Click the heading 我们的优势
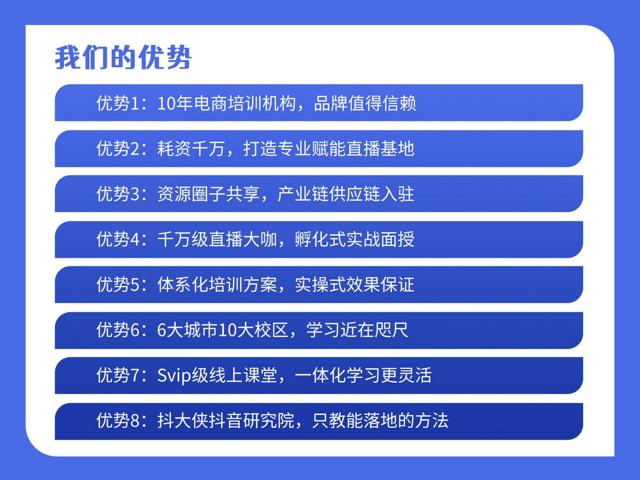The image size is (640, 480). point(123,57)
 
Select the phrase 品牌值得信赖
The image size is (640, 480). point(365,103)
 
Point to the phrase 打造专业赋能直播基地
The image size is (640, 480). point(329,148)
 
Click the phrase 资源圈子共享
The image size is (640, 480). point(208,194)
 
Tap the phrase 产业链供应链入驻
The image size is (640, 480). point(346,194)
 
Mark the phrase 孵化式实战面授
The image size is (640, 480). point(355,239)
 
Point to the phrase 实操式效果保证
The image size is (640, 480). point(355,284)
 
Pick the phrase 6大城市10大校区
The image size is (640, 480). point(223,330)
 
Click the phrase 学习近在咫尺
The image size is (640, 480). point(357,330)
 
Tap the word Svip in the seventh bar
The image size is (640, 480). point(174,375)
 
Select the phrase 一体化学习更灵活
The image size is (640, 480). point(363,375)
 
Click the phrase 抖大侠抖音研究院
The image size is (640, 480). point(226,421)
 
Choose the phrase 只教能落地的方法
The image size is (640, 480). point(380,421)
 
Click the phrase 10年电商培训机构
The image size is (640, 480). point(227,103)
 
